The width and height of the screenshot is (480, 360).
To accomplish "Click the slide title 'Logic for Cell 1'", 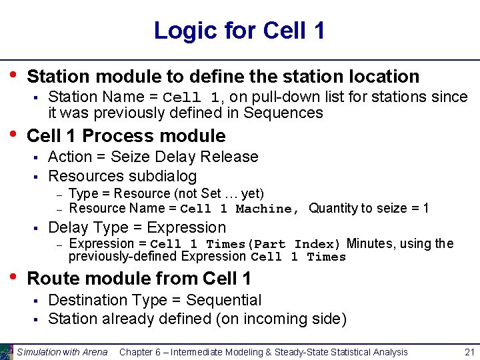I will click(239, 31).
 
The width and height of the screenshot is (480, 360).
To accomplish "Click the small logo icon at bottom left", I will click(7, 352).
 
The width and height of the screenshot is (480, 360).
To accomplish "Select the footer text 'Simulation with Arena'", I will click(62, 352).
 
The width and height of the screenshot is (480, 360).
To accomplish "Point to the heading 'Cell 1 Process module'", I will click(126, 136).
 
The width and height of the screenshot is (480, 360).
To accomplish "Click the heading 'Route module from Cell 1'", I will click(139, 278).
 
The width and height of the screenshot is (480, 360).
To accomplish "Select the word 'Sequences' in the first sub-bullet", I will click(283, 113).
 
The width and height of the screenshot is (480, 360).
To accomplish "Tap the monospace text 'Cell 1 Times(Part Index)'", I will click(246, 244).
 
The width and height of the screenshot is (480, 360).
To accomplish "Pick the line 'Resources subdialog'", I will click(123, 176).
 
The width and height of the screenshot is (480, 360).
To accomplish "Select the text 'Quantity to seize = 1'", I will click(369, 209).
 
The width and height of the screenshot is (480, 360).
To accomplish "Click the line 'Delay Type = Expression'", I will click(137, 227).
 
